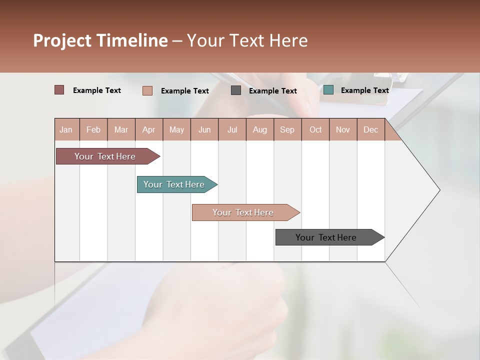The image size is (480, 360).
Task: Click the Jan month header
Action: (66, 129)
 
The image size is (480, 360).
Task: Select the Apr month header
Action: (148, 129)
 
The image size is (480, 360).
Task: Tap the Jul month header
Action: (232, 129)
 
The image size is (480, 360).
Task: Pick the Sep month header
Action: (287, 129)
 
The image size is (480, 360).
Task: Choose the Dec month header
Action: (370, 129)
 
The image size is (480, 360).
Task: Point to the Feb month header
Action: (93, 129)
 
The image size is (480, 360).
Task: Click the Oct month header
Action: (315, 129)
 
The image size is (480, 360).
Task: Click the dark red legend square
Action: (59, 90)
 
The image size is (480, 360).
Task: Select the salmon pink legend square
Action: (147, 90)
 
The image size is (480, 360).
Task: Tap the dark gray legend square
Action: (236, 90)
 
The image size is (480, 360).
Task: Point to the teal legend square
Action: (328, 90)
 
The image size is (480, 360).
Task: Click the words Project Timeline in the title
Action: (100, 40)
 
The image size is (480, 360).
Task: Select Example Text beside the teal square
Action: (364, 90)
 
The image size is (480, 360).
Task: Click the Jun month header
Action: (204, 129)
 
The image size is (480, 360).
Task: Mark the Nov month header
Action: (343, 129)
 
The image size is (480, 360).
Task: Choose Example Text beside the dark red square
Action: (97, 90)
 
